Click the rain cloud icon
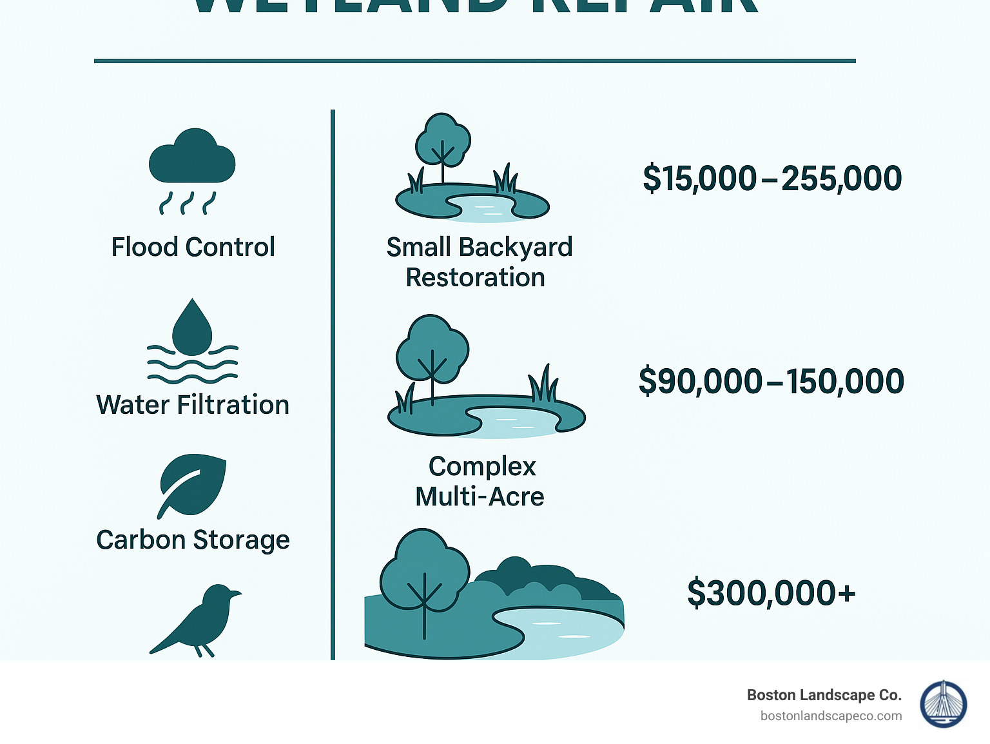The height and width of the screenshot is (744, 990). pyautogui.click(x=192, y=158)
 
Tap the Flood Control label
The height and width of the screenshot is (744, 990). pyautogui.click(x=193, y=247)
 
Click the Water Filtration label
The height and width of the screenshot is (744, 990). pyautogui.click(x=193, y=405)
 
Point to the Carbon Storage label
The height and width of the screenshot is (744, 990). pyautogui.click(x=193, y=540)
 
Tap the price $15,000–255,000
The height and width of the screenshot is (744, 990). pyautogui.click(x=772, y=179)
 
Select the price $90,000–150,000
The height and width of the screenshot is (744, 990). pyautogui.click(x=771, y=381)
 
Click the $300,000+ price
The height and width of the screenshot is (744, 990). pyautogui.click(x=771, y=593)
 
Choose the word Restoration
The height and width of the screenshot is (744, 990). pyautogui.click(x=475, y=278)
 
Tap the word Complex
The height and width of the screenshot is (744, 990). pyautogui.click(x=482, y=466)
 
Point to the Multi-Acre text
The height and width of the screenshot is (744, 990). pyautogui.click(x=480, y=497)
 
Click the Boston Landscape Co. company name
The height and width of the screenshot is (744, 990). pyautogui.click(x=824, y=695)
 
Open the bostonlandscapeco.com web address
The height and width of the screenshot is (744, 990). pyautogui.click(x=831, y=716)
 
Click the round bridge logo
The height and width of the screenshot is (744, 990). pyautogui.click(x=943, y=704)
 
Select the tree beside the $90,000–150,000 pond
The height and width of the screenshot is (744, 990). pyautogui.click(x=431, y=351)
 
